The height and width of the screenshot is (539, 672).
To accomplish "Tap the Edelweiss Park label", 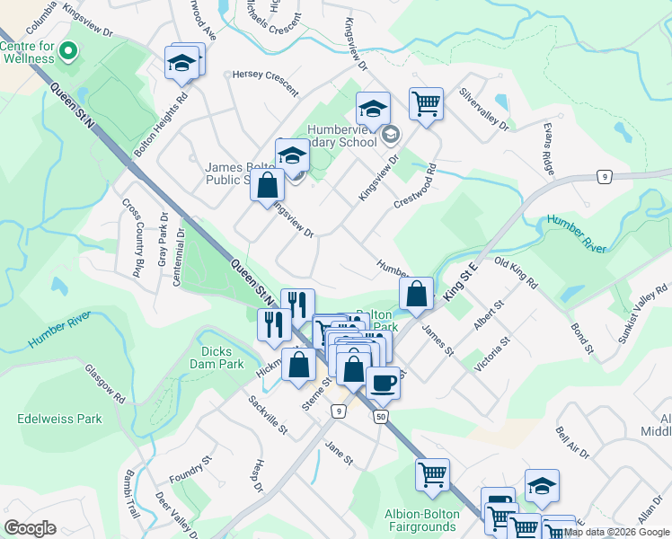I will pyautogui.click(x=59, y=419).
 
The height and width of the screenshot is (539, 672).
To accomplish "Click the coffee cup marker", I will pyautogui.click(x=384, y=382).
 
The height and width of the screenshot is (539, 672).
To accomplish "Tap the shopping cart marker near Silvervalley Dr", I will pyautogui.click(x=427, y=102).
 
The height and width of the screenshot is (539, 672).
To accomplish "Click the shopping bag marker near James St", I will pyautogui.click(x=417, y=293).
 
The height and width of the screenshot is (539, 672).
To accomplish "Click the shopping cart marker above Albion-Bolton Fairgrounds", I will pyautogui.click(x=432, y=473).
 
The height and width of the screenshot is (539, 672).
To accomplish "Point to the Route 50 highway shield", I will pyautogui.click(x=383, y=417).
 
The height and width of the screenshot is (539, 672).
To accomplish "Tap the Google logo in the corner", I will pyautogui.click(x=30, y=528).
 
